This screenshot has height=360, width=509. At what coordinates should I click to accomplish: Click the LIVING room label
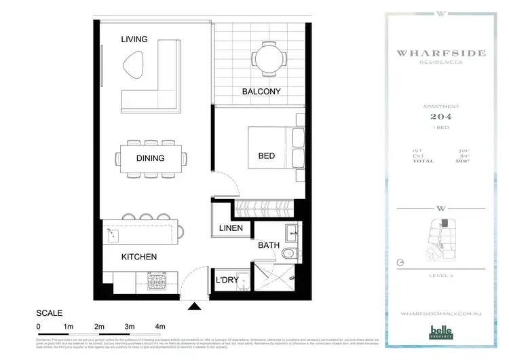[x=134, y=39]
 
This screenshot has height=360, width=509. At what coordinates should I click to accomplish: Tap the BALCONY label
[x=261, y=92]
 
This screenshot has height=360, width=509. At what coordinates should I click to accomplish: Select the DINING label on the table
[x=150, y=158]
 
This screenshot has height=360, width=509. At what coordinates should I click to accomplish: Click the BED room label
[x=267, y=156]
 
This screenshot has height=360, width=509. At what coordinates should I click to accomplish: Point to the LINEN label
[x=231, y=228]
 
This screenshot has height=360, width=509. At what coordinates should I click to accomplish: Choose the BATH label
[x=269, y=245]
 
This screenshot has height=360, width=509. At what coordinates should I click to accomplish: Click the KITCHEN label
[x=139, y=257]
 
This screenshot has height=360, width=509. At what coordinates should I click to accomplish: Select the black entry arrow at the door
[x=195, y=307]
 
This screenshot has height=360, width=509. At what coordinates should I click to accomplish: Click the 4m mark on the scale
[x=160, y=326]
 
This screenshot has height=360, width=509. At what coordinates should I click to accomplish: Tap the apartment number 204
[x=440, y=116]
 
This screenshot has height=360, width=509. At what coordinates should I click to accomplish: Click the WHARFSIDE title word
[x=440, y=52]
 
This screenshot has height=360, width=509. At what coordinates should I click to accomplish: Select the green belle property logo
[x=440, y=332]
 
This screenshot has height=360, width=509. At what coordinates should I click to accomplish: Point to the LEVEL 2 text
[x=440, y=275]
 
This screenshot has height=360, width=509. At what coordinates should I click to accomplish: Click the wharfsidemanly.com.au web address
[x=440, y=314]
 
